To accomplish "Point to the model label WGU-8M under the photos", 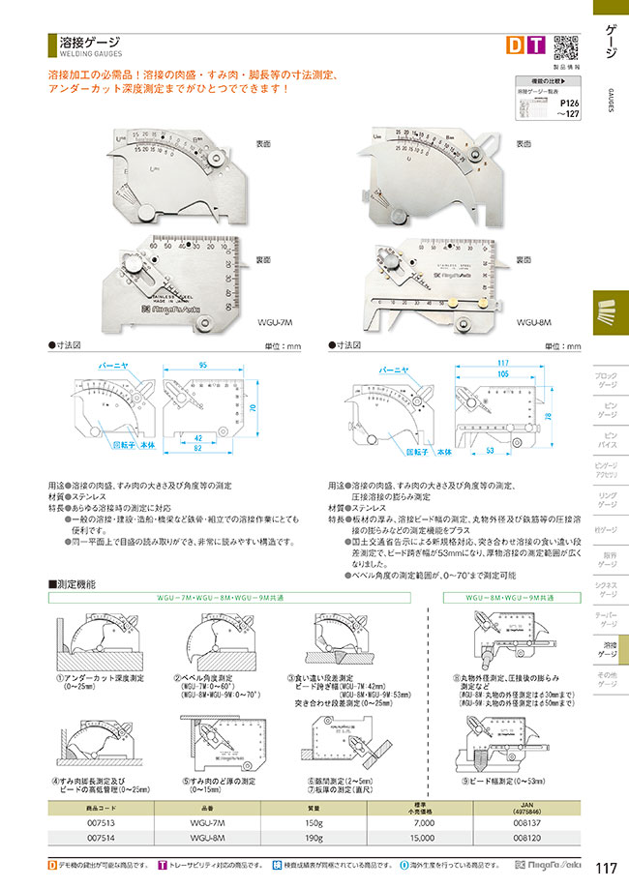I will point(533,321).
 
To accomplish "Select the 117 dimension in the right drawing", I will point(503,363).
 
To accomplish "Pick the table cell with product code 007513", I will point(102,821).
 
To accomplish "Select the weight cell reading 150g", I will point(314,821).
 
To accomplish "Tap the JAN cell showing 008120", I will point(527,839).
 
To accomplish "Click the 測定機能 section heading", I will point(76,585).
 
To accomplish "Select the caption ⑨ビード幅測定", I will point(501,779).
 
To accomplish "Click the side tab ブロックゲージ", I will point(605,379).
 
